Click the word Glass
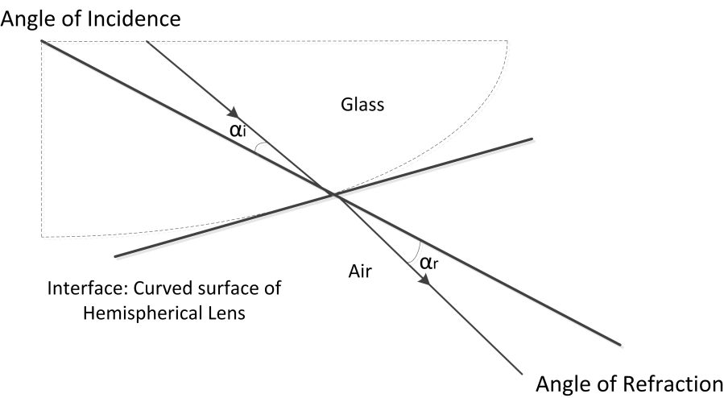(x=362, y=104)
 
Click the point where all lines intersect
(x=331, y=193)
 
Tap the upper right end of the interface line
(x=532, y=139)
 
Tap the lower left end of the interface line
(x=116, y=256)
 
